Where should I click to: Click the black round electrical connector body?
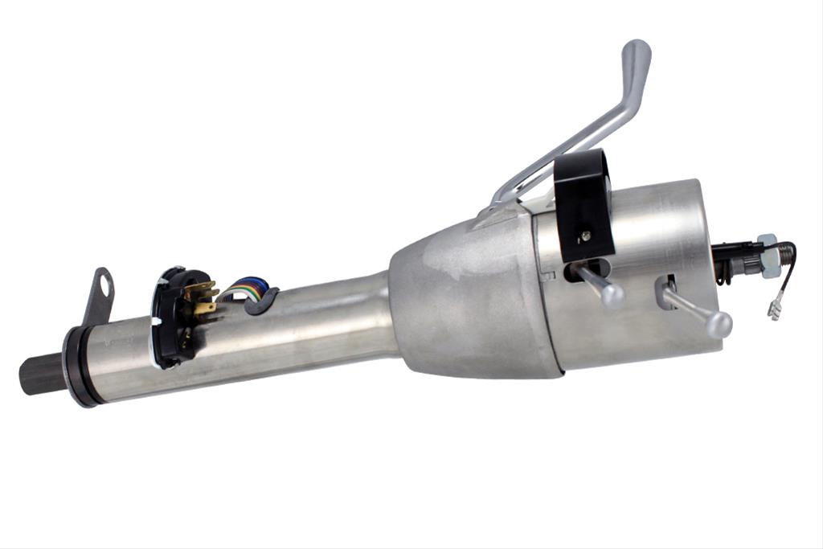172,318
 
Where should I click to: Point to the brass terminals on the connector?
204,301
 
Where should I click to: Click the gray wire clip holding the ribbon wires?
263,301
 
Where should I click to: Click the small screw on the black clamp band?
586,236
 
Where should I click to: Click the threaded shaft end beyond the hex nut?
786,256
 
